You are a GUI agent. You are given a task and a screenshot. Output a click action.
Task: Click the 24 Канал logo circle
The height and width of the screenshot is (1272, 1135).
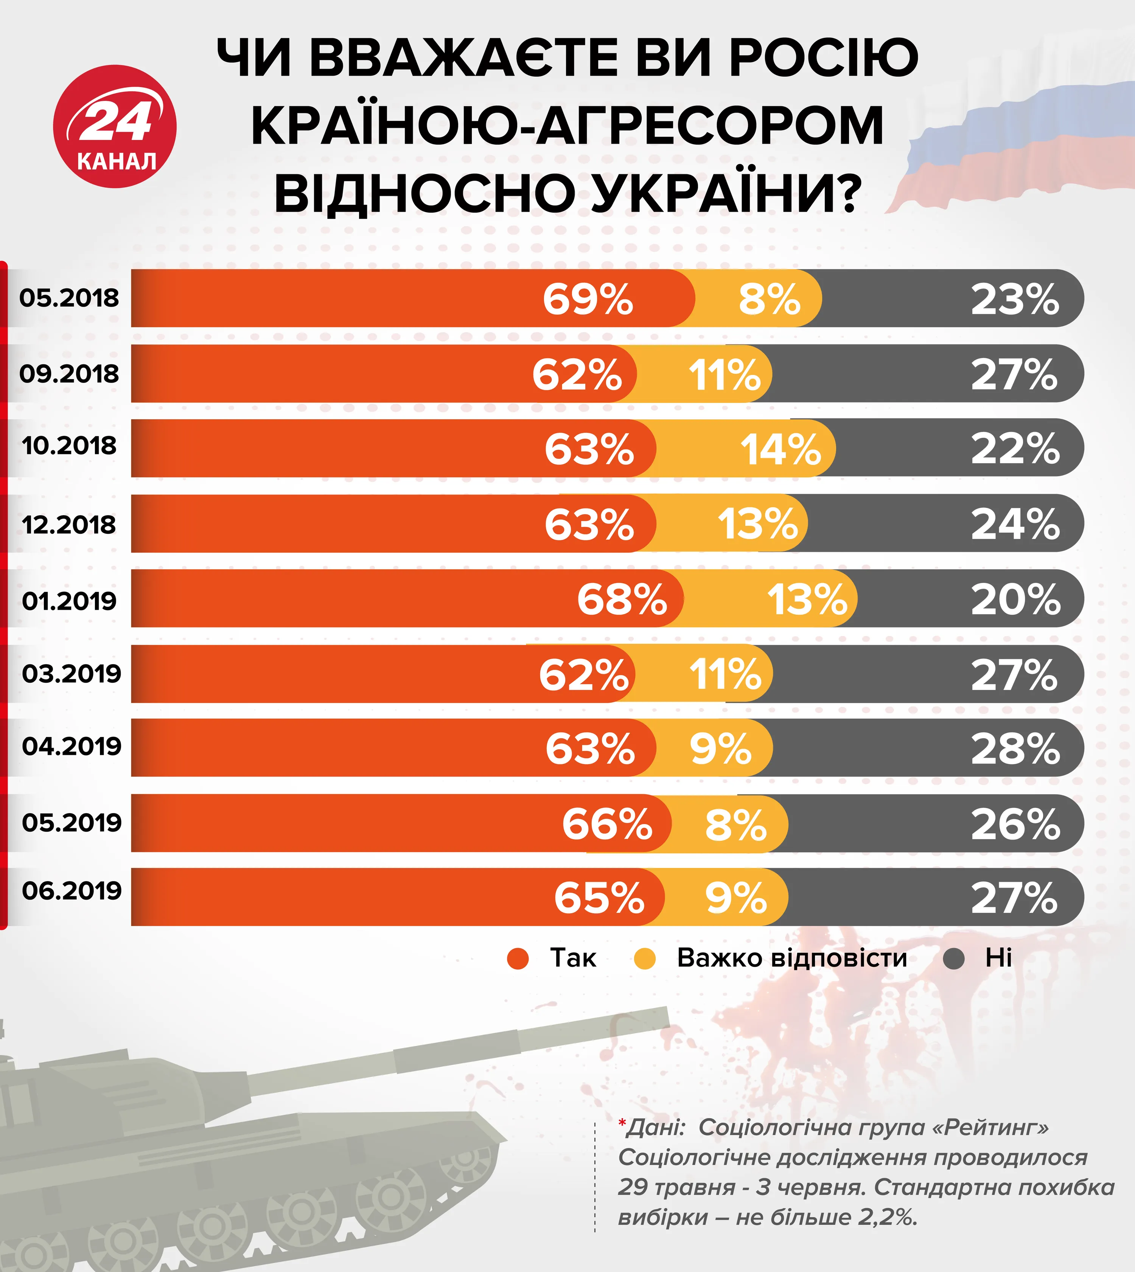(x=115, y=127)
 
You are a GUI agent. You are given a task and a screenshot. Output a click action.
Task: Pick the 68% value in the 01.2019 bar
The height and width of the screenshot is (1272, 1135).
(x=622, y=600)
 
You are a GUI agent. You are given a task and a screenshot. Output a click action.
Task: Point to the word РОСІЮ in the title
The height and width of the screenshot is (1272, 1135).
(x=823, y=57)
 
